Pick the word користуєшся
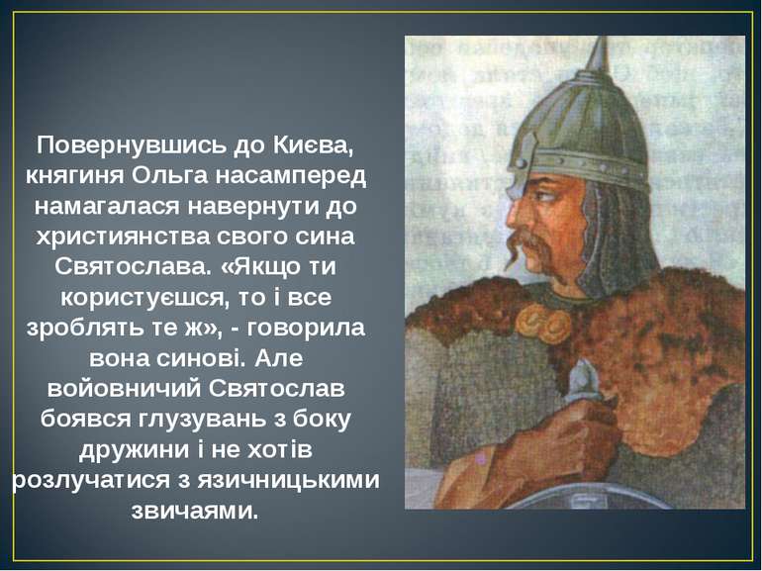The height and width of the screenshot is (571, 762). tap(134, 299)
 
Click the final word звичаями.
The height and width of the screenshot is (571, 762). tap(194, 512)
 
